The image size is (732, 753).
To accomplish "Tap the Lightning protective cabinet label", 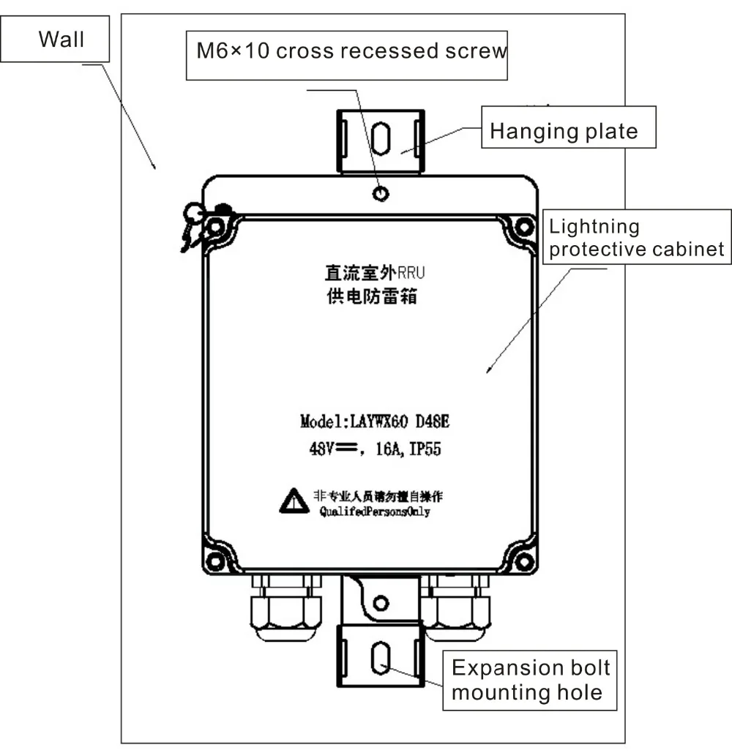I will click(x=636, y=238).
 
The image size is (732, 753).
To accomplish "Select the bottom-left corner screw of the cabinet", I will click(x=214, y=561).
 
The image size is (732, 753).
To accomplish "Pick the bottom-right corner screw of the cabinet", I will click(x=523, y=561).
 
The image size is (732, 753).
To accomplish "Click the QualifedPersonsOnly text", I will click(x=376, y=512).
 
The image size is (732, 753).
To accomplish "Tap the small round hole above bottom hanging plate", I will click(x=380, y=603).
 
